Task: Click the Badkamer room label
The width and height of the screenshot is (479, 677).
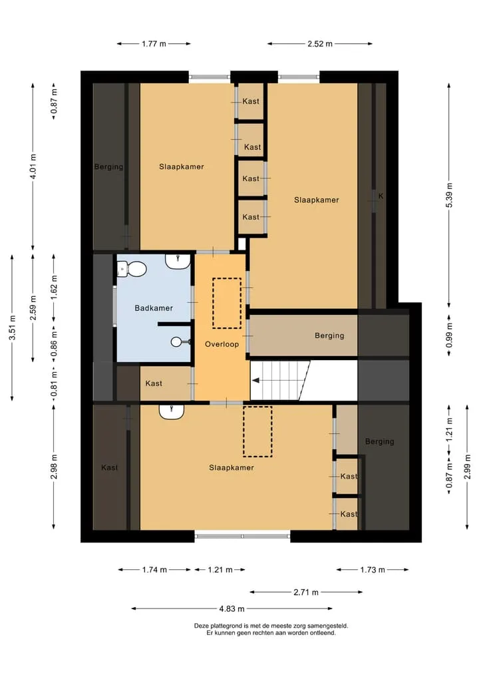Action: point(154,308)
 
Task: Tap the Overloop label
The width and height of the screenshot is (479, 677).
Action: point(222,344)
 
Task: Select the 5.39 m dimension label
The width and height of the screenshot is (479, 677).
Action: point(449,195)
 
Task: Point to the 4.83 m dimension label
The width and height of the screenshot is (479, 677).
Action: point(232,609)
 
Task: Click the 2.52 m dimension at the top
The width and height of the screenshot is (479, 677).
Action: point(320,44)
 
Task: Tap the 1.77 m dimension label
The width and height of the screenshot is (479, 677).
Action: point(154,44)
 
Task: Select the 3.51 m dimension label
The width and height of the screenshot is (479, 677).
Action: point(13,328)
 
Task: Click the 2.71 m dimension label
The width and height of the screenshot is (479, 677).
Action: point(306,592)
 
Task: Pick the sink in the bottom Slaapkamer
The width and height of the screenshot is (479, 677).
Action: point(172,411)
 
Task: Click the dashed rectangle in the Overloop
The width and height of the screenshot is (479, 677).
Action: point(227,303)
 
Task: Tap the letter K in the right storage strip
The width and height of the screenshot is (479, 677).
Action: point(381,196)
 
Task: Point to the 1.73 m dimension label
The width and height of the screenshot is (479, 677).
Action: point(373,570)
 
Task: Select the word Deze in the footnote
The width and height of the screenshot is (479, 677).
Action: point(201,626)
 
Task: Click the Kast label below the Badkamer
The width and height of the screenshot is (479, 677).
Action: point(154,383)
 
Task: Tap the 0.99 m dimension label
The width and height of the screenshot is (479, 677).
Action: point(449,336)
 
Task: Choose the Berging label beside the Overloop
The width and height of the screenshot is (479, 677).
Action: point(329,336)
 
